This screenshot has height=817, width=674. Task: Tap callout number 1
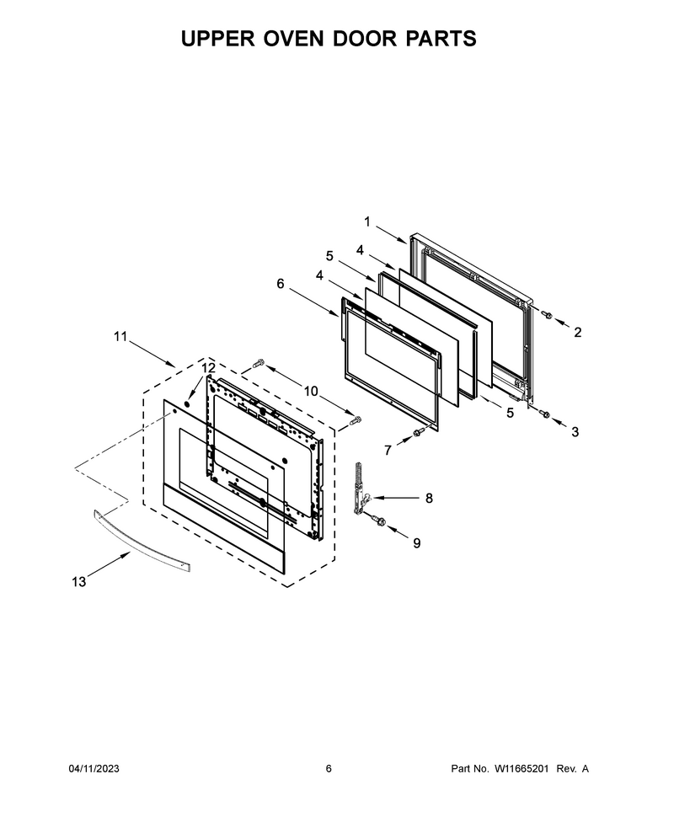point(367,222)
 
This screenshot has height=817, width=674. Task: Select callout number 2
point(578,332)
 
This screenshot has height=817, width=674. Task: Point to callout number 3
point(575,431)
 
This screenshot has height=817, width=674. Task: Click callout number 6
point(281,284)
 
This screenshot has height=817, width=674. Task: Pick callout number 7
point(388,450)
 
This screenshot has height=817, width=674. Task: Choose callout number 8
point(429,498)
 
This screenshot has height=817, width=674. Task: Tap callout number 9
point(417,543)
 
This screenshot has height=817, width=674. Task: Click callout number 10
point(311,391)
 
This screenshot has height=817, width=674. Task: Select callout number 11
point(120,337)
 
